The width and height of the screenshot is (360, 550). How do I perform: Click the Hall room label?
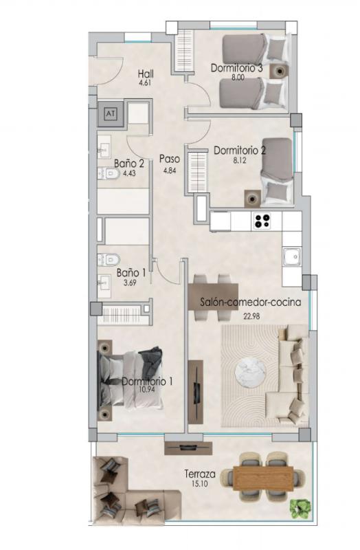point(145,74)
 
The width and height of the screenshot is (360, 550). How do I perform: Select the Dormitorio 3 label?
point(237,68)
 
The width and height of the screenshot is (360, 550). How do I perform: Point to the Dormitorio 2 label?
point(240,149)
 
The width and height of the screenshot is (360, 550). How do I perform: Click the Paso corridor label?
point(169,159)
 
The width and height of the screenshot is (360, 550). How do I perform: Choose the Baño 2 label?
point(129,164)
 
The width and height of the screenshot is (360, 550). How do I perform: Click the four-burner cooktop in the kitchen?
point(262,221)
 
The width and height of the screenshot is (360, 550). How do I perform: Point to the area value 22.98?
point(253,316)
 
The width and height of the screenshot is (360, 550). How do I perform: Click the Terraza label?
point(201,474)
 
